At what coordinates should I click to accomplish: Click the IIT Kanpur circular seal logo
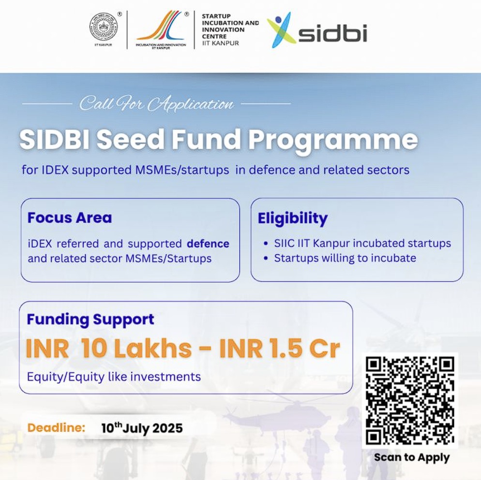(x=103, y=28)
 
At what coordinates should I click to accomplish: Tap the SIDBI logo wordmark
(x=332, y=34)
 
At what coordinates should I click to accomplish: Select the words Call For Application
(x=157, y=104)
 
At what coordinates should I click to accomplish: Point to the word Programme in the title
(x=333, y=140)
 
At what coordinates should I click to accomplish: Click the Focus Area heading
(x=70, y=218)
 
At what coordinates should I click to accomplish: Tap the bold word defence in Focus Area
(x=208, y=243)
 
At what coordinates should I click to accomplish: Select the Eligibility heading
(x=292, y=218)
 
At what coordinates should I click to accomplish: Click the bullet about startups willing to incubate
(x=345, y=258)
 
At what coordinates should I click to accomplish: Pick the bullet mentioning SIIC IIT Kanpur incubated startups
(x=362, y=243)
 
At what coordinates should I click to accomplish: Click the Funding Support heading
(x=90, y=319)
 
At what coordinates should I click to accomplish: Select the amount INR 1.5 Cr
(x=280, y=348)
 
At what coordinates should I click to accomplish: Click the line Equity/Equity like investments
(x=114, y=377)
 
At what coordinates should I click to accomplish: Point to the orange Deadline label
(x=56, y=428)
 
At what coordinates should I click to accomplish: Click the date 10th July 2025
(x=142, y=428)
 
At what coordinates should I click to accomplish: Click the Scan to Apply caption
(x=412, y=457)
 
